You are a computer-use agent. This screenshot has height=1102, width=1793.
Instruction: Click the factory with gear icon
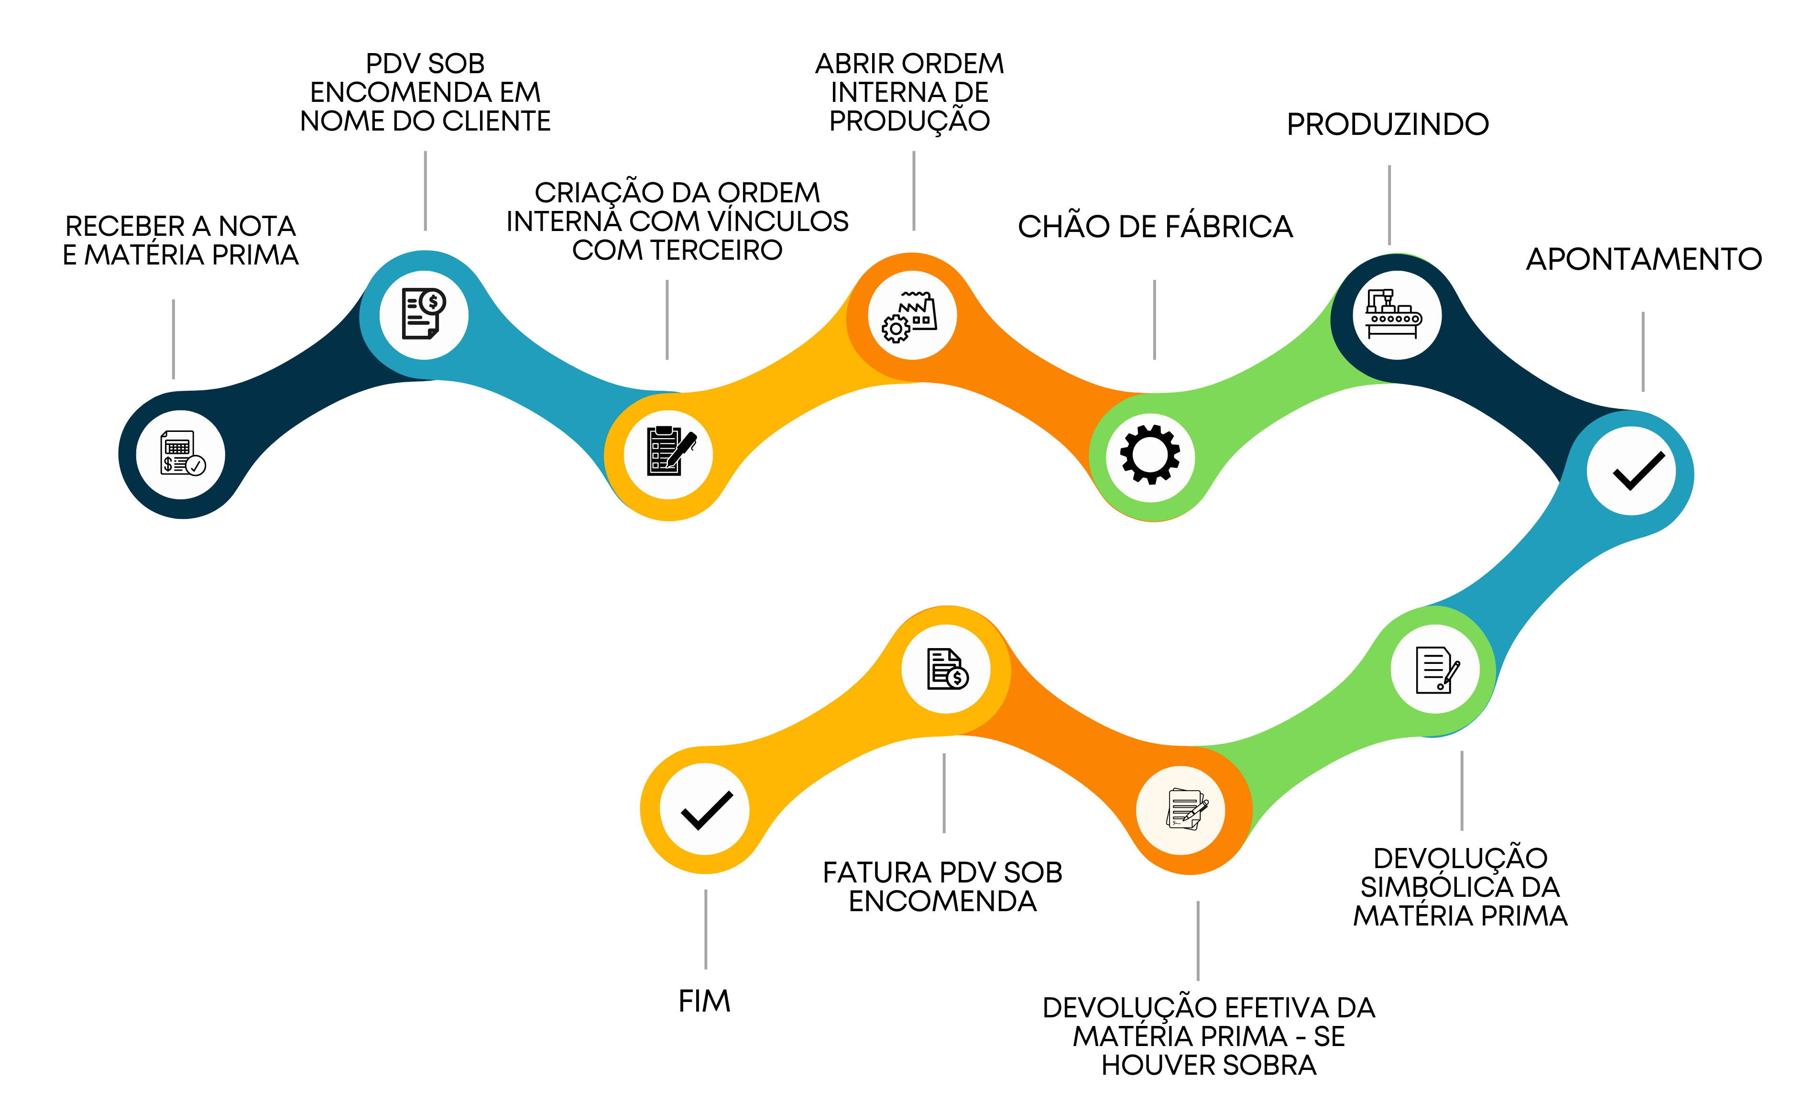911,316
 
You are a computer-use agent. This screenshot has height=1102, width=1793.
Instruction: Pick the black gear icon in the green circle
1150,455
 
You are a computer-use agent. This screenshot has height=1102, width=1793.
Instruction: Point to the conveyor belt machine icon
1394,315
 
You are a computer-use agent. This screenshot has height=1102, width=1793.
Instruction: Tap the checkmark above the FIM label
705,809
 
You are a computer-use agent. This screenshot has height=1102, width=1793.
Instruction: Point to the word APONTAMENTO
1644,259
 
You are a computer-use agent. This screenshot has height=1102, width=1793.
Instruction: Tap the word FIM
704,1002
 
